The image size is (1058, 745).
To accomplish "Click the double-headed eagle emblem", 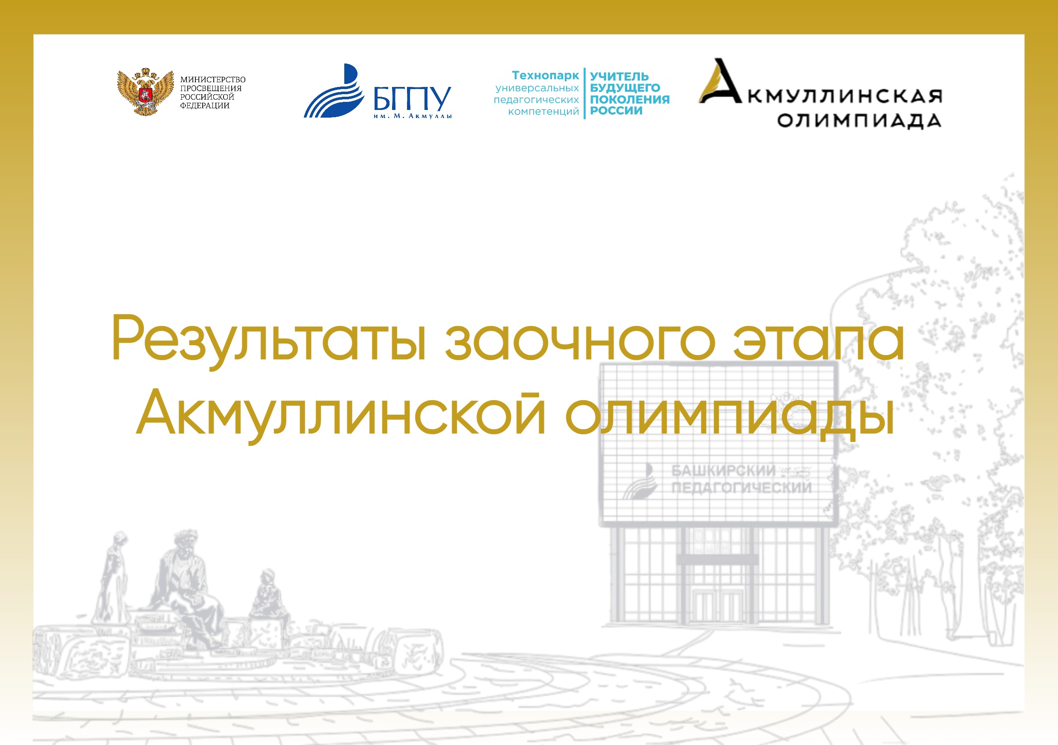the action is (x=145, y=92).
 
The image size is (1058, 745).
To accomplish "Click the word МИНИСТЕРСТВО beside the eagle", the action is (x=213, y=80).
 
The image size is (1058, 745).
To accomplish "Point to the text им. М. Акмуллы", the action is (x=413, y=116).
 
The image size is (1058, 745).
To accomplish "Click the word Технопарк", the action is (x=545, y=75).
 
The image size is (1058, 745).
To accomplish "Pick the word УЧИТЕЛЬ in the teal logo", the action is (x=619, y=76).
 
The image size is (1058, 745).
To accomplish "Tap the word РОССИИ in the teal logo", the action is (x=616, y=110).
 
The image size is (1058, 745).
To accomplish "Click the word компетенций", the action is (x=543, y=111).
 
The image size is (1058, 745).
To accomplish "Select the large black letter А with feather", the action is (x=719, y=81).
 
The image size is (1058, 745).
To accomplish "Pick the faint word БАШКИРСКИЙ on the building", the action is (x=724, y=471).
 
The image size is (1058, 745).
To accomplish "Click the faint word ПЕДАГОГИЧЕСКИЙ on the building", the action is (x=741, y=487).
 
